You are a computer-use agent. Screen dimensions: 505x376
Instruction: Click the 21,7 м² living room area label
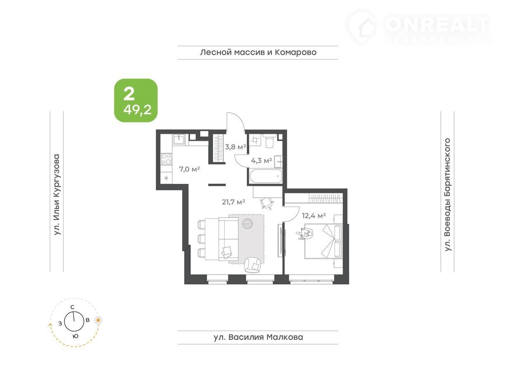[233, 202]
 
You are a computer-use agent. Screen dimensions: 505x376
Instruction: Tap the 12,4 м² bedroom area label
[314, 215]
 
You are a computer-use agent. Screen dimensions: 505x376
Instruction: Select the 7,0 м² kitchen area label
[190, 169]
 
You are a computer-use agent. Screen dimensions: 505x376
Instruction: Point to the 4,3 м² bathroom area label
[261, 161]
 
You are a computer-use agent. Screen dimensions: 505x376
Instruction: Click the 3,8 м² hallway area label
[236, 147]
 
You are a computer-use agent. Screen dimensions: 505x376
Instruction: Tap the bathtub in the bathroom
[266, 176]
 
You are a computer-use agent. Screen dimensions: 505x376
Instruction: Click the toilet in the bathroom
[270, 141]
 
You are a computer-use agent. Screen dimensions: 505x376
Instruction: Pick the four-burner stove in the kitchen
[166, 159]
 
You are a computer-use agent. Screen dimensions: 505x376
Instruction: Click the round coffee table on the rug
[247, 224]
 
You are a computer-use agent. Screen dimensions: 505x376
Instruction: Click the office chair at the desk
[267, 203]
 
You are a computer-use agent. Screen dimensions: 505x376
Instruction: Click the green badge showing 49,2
[136, 100]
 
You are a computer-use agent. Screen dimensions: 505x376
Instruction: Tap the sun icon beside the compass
[98, 320]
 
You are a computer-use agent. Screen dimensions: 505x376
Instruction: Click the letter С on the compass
[72, 307]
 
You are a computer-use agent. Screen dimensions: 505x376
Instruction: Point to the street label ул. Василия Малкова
[258, 337]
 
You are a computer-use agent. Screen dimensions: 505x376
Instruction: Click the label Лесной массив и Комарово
[258, 52]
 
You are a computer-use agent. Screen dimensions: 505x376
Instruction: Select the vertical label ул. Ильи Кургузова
[57, 195]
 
